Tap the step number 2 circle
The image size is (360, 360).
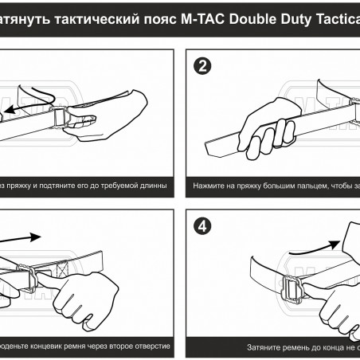(201, 66)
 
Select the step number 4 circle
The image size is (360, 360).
(201, 225)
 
